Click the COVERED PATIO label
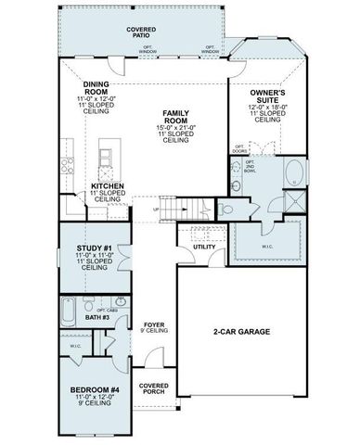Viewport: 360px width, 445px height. [x=141, y=32]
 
